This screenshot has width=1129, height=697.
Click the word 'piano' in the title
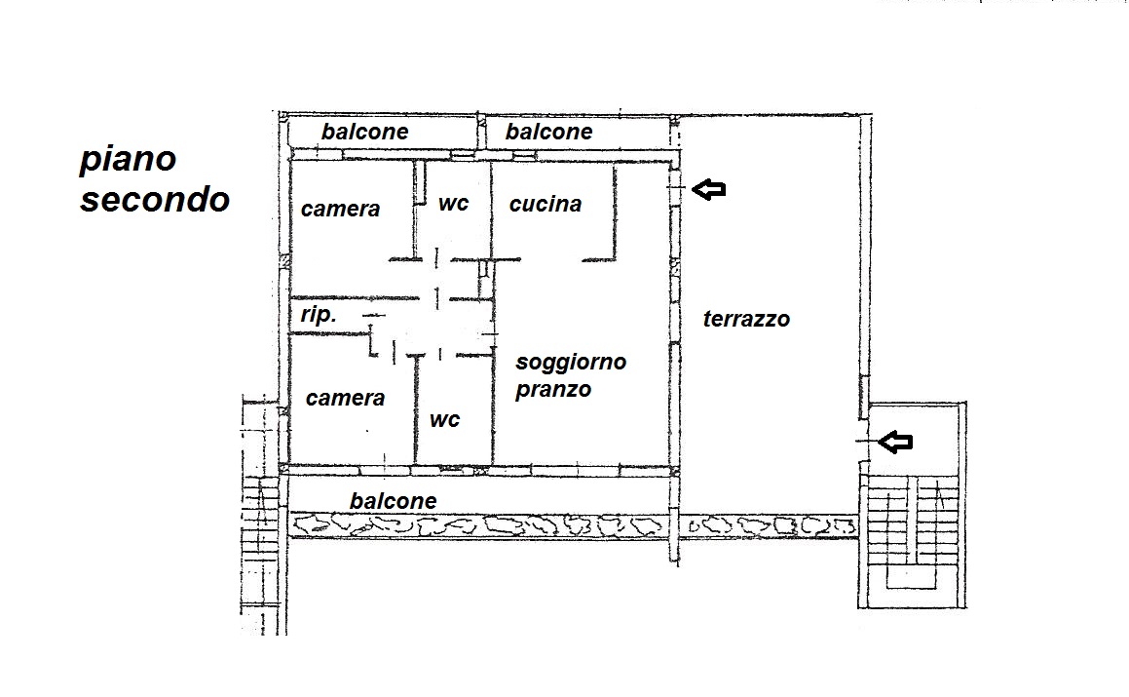point(129,159)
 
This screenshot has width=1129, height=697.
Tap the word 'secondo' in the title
point(155,200)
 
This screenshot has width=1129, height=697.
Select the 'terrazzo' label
point(747,319)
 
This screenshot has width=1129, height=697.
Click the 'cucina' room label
point(546,204)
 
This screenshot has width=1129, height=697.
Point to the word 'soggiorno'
point(571,363)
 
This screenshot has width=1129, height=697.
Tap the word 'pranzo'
point(553,390)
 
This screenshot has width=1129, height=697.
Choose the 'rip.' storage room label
point(319,315)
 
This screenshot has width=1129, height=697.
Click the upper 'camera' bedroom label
point(341,209)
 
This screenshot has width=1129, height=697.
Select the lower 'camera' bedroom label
point(346,398)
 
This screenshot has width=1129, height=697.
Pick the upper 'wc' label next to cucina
point(454,204)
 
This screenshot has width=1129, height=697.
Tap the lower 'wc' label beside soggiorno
point(445,420)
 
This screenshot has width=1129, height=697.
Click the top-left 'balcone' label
point(365,132)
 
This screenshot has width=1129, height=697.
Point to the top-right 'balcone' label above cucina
point(549,132)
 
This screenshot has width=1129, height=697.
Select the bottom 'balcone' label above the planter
point(394,501)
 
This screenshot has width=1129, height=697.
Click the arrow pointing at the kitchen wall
point(708,189)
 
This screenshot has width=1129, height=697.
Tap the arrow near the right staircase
point(896,442)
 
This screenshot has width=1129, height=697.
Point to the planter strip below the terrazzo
point(769,527)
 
